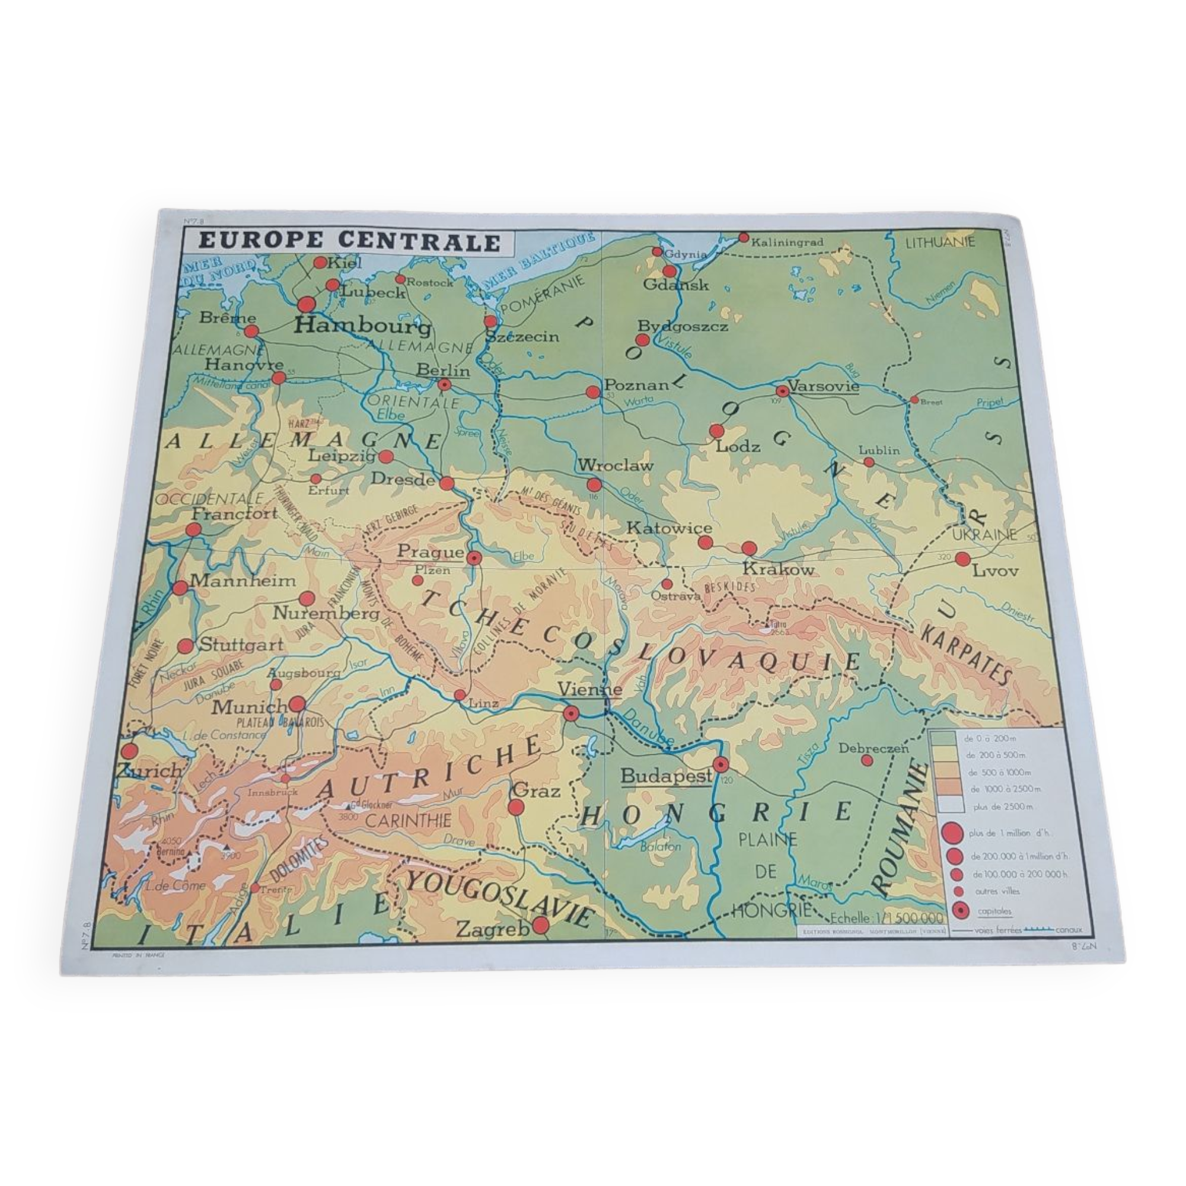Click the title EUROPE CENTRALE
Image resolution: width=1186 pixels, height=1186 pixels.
(349, 241)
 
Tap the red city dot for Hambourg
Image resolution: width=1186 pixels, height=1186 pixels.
(307, 304)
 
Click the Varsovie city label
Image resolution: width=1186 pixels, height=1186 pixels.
(823, 386)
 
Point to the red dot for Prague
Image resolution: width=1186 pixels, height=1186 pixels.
(473, 558)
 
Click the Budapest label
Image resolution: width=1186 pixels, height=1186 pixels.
(666, 775)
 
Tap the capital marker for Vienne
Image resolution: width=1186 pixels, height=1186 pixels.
(571, 713)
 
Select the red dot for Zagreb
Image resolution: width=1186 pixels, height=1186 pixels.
(540, 925)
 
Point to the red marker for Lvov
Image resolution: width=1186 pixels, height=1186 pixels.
(962, 559)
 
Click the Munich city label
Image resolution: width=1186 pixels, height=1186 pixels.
(249, 707)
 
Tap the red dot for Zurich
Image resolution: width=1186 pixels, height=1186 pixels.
(129, 751)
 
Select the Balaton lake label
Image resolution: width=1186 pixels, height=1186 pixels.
(661, 847)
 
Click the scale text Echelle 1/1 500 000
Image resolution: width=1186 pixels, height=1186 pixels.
(886, 918)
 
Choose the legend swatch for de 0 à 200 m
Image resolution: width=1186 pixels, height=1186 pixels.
(943, 738)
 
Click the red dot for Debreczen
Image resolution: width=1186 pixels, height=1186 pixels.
(867, 760)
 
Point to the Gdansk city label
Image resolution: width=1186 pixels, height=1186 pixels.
(676, 285)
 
